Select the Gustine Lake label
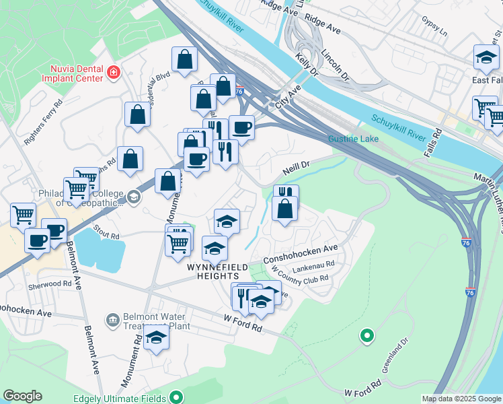(354, 139)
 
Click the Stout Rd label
(106, 233)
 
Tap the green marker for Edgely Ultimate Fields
(176, 398)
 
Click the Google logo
(22, 396)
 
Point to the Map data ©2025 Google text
(461, 399)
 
